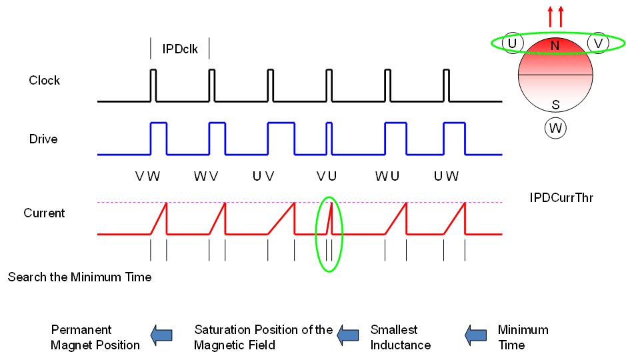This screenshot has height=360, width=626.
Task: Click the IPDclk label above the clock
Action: point(180,49)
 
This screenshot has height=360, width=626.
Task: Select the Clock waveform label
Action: point(44,81)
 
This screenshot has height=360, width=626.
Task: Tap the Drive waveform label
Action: point(43,139)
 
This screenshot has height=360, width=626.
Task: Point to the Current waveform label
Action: point(44,213)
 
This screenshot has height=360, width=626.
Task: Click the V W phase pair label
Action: point(147,177)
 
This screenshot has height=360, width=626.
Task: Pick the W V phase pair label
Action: point(206,177)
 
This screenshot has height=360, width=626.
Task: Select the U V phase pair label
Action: point(265,177)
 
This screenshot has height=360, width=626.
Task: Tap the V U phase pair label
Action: point(327,177)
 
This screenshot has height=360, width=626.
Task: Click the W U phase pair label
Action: point(387,177)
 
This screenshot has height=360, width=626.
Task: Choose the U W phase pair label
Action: point(446,177)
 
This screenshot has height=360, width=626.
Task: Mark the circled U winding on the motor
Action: point(512,43)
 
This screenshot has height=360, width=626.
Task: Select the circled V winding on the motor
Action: point(598,43)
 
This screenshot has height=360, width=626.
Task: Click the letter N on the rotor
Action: point(555,47)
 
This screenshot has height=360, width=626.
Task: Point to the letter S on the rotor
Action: point(555,105)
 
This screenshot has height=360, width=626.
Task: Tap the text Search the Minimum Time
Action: point(79,277)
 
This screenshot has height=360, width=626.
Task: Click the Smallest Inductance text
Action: point(400,337)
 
